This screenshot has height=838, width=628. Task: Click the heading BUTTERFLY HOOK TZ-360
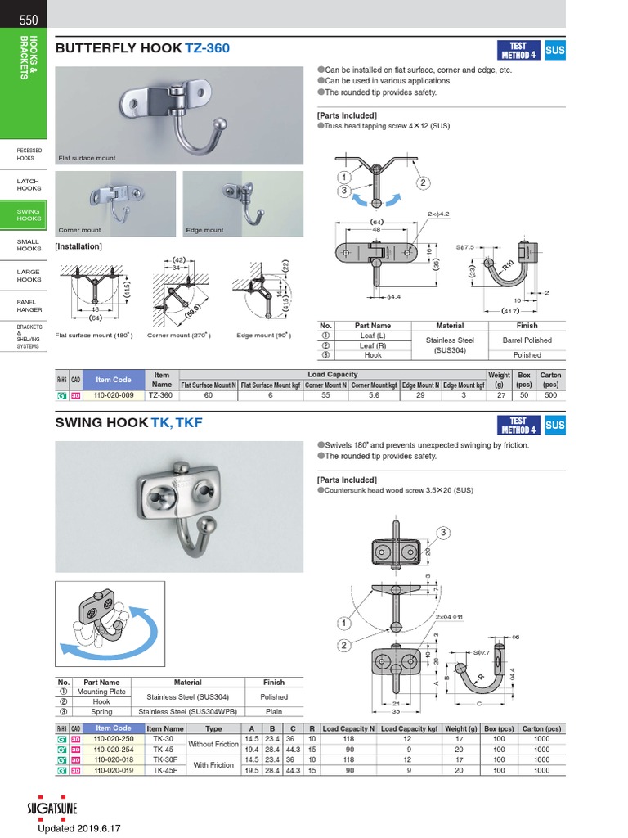[x=142, y=48]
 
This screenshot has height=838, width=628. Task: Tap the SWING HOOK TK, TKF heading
[x=128, y=423]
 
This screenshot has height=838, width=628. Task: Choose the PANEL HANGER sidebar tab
[x=27, y=306]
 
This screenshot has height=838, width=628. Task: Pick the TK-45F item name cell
[x=164, y=770]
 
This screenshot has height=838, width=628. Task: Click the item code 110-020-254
[x=113, y=749]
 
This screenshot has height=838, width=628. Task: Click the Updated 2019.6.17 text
[x=78, y=828]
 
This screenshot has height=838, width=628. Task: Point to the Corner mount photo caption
[x=79, y=231]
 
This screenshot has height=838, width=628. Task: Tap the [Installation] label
[x=78, y=246]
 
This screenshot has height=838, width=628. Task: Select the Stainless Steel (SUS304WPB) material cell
[x=187, y=712]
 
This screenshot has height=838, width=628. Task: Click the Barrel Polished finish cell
[x=527, y=340]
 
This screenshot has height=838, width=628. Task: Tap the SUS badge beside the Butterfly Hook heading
[x=554, y=50]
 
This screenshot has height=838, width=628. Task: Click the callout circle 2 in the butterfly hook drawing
[x=423, y=183]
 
